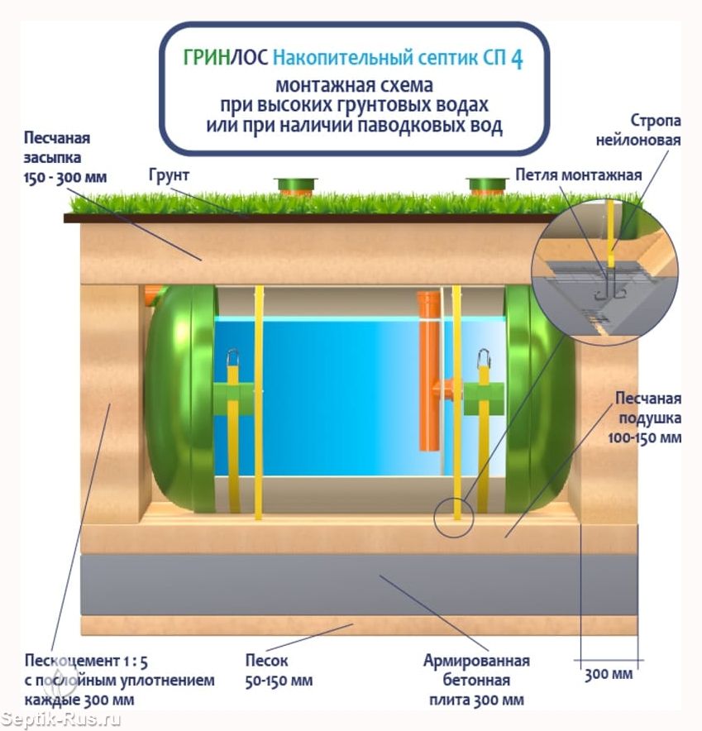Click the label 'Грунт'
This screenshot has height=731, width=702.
pos(169,176)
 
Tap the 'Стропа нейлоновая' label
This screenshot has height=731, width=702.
pos(638,130)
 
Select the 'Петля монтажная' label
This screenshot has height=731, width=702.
pos(579,174)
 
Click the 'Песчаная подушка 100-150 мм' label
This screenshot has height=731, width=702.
pos(645,418)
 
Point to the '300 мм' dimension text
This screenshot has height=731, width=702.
pos(609,674)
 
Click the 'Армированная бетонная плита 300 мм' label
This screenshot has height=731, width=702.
pos(476,680)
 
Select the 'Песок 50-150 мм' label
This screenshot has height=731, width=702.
pos(279,671)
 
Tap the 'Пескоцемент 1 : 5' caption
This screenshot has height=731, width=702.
pos(86,661)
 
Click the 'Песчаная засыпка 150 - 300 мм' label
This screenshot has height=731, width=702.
pos(65,158)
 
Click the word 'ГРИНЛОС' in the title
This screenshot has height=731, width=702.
pos(226,58)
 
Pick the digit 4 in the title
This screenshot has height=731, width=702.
pos(517,59)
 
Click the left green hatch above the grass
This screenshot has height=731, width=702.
pos(295,187)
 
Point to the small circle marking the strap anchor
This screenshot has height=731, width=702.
pos(454,518)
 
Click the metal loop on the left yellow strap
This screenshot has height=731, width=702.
pos(232,358)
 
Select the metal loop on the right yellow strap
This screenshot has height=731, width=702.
pos(483,358)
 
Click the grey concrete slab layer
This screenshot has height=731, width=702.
pos(359,585)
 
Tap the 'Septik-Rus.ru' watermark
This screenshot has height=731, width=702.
pos(60,719)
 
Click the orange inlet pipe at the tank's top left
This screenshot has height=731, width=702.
pos(153,295)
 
